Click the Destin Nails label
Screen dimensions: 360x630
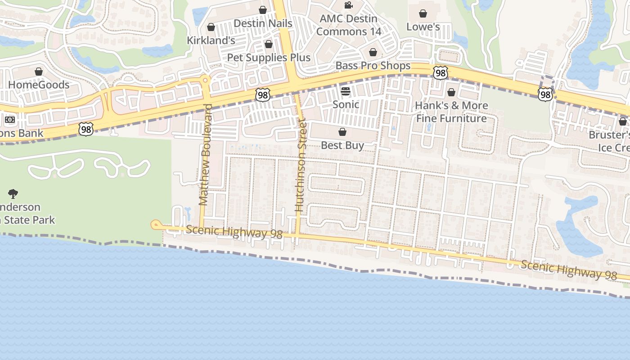tap(263, 23)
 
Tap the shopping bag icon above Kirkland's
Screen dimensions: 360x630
tap(211, 27)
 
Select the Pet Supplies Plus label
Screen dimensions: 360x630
tap(269, 58)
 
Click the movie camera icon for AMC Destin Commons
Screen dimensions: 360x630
tap(348, 5)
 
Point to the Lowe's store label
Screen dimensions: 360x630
tap(423, 27)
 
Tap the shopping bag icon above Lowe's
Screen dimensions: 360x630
tap(423, 14)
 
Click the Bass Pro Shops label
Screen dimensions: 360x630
tap(373, 66)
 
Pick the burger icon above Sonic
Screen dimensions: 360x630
tap(346, 92)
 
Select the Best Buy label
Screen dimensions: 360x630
tap(342, 145)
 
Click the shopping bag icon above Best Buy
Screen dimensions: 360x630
tap(342, 132)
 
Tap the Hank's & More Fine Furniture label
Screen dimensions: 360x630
tap(451, 112)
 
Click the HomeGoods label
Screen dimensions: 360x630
tap(39, 85)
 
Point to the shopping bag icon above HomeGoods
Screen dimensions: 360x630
tap(39, 72)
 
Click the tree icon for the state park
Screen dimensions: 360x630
tap(13, 194)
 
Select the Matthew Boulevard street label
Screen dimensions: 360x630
tap(205, 155)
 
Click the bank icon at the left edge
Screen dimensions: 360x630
tap(10, 120)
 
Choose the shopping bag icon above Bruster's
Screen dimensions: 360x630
tap(623, 121)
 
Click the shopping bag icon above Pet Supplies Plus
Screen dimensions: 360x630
tap(269, 45)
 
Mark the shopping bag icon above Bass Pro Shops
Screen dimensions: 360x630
tap(373, 53)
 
